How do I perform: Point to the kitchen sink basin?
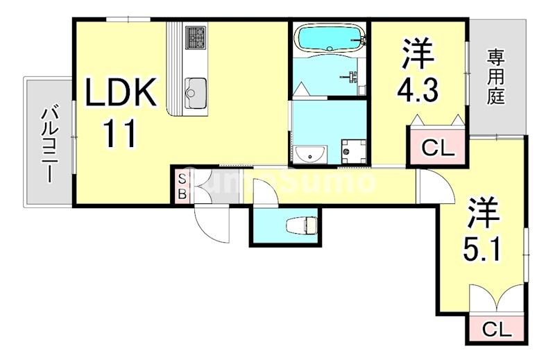coord(196,89)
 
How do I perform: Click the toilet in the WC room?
coord(302,224)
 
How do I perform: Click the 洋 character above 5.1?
coord(484,212)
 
